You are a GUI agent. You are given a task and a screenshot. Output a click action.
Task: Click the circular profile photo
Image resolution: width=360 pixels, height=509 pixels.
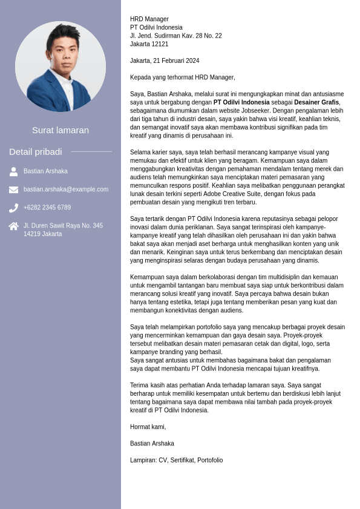61,67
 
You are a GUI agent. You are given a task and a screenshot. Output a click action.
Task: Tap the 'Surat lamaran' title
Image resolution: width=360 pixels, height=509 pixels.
61,130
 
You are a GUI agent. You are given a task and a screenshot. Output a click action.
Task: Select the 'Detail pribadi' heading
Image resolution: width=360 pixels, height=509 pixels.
36,151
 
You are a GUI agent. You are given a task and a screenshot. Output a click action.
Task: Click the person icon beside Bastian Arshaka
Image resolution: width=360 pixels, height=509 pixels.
13,171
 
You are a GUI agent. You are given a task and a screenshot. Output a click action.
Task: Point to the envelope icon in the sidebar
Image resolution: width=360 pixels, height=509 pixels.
13,189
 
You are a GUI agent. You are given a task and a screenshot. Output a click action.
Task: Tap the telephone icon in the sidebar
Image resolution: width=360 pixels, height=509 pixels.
13,208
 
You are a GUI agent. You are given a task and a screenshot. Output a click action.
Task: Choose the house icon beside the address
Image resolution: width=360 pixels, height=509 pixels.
13,226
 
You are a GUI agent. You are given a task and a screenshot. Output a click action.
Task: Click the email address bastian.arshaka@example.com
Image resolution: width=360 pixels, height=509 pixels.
66,189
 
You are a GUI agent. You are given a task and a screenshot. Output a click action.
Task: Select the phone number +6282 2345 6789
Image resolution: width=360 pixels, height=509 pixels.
47,208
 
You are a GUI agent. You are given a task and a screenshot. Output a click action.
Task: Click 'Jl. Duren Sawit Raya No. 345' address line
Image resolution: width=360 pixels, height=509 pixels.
63,226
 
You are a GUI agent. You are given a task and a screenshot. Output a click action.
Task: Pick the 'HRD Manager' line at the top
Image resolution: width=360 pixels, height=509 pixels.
149,19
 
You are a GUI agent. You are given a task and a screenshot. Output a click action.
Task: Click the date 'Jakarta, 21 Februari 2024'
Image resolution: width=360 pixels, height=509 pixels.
165,61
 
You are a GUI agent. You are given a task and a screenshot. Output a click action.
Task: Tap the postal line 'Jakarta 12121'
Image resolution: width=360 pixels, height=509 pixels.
149,44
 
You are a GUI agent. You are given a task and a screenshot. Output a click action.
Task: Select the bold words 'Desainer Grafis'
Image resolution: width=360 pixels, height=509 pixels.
317,103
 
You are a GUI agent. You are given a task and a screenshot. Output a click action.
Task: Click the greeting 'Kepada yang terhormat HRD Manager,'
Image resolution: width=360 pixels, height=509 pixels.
183,77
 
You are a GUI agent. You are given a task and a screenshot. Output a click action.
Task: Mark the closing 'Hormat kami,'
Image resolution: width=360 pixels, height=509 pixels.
148,427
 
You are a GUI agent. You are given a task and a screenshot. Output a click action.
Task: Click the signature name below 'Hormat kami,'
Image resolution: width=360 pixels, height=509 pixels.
152,444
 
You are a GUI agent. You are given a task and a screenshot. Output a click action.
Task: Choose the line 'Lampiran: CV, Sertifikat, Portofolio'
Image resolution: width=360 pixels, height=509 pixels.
176,460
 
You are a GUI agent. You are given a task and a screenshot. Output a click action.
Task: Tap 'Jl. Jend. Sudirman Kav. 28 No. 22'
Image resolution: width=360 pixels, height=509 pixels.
175,36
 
